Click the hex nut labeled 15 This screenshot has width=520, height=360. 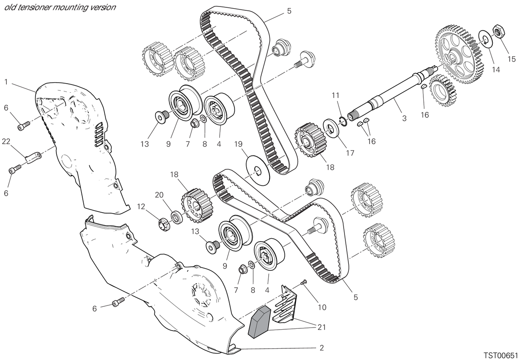click(498, 31)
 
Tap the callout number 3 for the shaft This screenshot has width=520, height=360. click(404, 118)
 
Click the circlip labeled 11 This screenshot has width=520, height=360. click(343, 122)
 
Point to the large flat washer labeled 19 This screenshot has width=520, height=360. click(258, 171)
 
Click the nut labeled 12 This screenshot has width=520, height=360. click(164, 225)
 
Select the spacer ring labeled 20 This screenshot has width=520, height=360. click(177, 217)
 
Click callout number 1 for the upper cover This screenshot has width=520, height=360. click(6, 82)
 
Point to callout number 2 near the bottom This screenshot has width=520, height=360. click(322, 348)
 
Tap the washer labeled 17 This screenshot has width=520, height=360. click(331, 128)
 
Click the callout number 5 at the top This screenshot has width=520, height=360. click(289, 11)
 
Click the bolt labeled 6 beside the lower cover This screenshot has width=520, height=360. click(118, 302)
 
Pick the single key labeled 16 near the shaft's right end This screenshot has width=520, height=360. click(424, 86)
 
